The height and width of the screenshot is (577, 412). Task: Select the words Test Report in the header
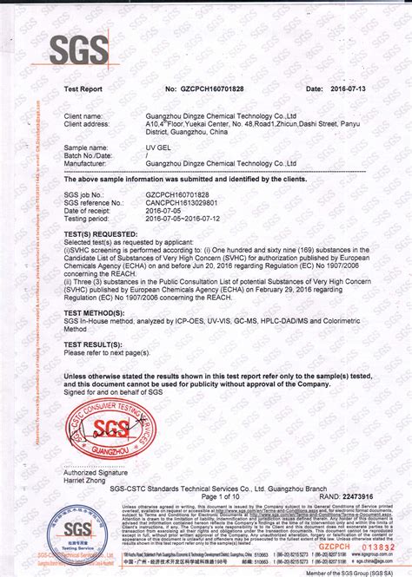tap(84, 89)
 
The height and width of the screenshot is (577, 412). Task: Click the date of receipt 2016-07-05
tap(165, 211)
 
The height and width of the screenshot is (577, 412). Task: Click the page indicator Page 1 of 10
tap(207, 495)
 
